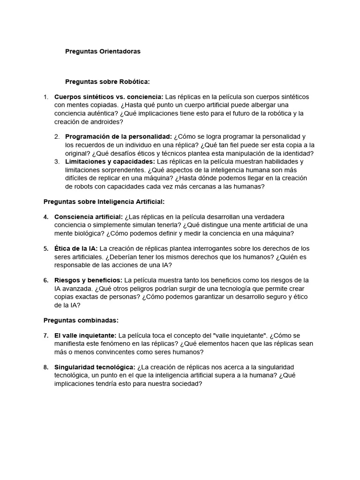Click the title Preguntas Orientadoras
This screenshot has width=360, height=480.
(x=103, y=52)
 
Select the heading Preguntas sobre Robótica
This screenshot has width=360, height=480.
(x=107, y=82)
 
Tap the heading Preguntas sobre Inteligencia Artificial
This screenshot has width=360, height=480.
(x=104, y=202)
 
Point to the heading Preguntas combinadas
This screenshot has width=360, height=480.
(x=81, y=320)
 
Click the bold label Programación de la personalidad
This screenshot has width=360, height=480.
(x=119, y=136)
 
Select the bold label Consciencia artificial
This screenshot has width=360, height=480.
(x=89, y=217)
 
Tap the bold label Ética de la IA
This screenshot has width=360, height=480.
(x=76, y=248)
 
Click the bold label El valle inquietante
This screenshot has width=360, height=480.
(x=86, y=335)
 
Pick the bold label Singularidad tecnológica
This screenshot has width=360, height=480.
(x=95, y=367)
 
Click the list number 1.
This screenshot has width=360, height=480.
(x=46, y=97)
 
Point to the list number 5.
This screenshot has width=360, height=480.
(x=46, y=248)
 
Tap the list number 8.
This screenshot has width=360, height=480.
(x=46, y=367)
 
